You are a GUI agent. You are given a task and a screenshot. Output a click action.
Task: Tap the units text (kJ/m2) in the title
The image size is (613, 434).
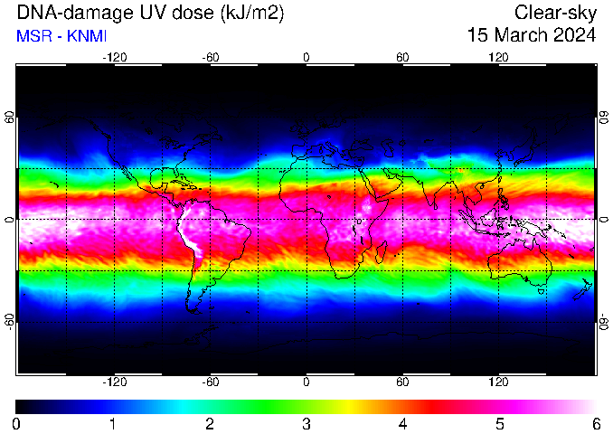[252, 14]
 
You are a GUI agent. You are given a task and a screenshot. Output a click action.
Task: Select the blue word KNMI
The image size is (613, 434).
[87, 36]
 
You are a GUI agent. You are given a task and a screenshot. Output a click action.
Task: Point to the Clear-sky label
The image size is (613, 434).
[555, 14]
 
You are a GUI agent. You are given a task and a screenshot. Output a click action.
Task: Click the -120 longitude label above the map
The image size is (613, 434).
[115, 58]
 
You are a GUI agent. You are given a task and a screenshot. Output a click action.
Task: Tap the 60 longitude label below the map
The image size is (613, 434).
[402, 382]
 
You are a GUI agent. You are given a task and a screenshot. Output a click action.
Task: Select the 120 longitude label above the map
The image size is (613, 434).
[498, 58]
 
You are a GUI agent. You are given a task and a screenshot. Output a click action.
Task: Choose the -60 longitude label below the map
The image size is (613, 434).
[211, 382]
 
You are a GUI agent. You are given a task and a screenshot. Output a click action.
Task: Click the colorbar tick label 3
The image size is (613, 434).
[306, 423]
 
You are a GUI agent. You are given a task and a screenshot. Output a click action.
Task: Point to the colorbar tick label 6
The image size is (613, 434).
[596, 423]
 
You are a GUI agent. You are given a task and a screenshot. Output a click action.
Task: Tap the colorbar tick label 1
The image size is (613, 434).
[113, 423]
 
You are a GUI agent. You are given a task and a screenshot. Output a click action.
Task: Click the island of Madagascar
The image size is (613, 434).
[381, 252]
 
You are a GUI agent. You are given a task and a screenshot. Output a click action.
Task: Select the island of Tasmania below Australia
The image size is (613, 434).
[542, 291]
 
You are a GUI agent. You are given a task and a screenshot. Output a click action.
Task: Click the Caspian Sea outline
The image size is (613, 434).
[389, 147]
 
